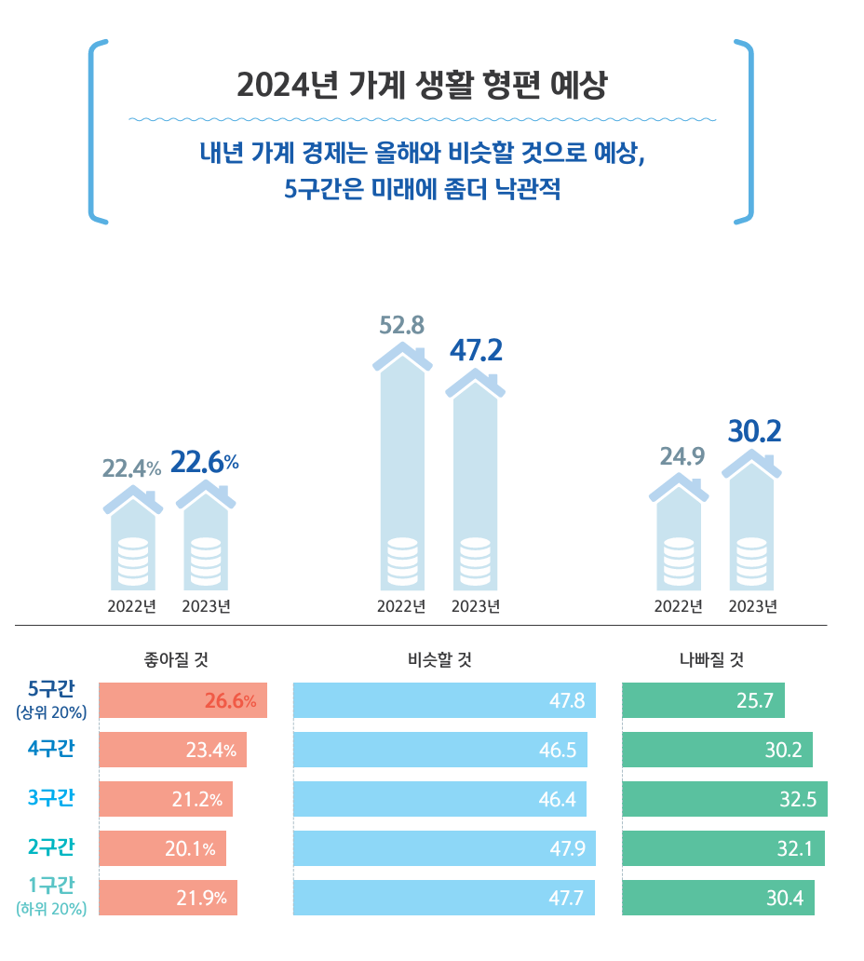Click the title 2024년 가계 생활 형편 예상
pyautogui.click(x=421, y=87)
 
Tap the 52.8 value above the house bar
pyautogui.click(x=402, y=325)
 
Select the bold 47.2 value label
pyautogui.click(x=476, y=350)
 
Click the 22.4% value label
pyautogui.click(x=131, y=469)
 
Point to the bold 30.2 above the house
pyautogui.click(x=753, y=431)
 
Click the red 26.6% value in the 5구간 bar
pyautogui.click(x=230, y=701)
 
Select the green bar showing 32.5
pyautogui.click(x=724, y=799)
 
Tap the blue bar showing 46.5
pyautogui.click(x=440, y=750)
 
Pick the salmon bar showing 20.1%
pyautogui.click(x=162, y=848)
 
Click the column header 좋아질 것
pyautogui.click(x=176, y=660)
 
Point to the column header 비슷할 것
pyautogui.click(x=439, y=660)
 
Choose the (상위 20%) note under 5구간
pyautogui.click(x=51, y=713)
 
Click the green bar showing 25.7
pyautogui.click(x=703, y=700)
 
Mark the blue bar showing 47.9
pyautogui.click(x=444, y=848)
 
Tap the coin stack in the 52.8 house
pyautogui.click(x=402, y=562)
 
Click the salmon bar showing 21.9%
pyautogui.click(x=168, y=898)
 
